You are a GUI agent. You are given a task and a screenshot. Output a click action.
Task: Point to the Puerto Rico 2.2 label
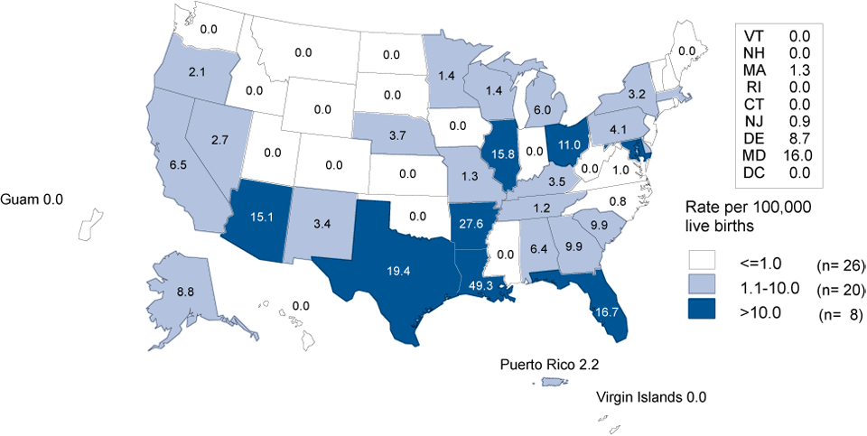pyautogui.click(x=550, y=366)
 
